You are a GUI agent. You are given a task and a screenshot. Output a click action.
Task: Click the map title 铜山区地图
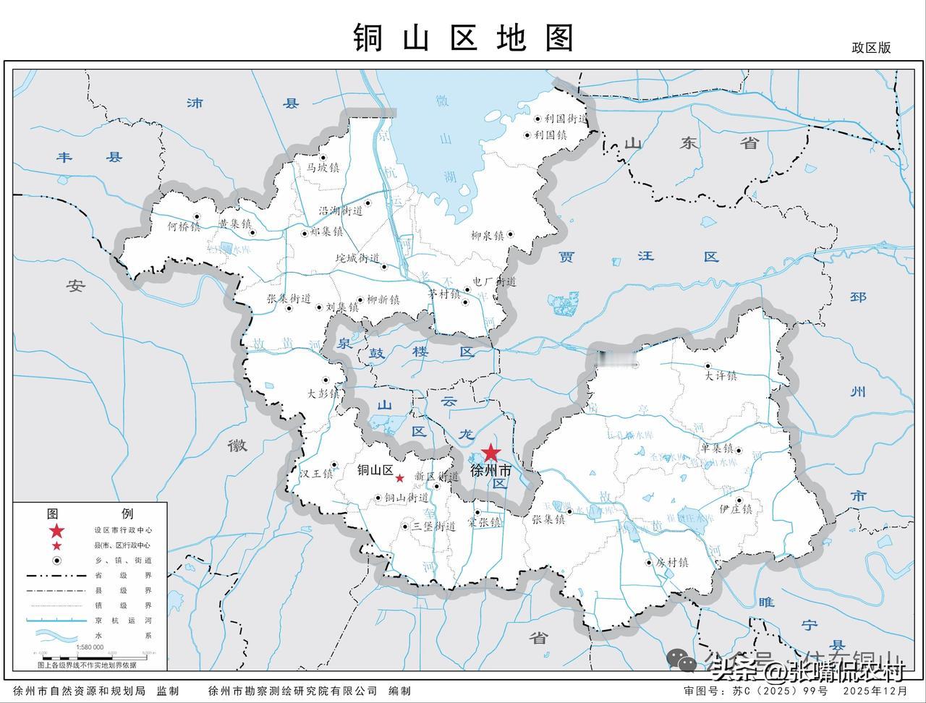(x=463, y=38)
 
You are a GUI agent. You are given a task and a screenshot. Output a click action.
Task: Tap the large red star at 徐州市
(x=490, y=453)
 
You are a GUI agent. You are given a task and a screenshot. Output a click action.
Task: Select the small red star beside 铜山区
(x=399, y=478)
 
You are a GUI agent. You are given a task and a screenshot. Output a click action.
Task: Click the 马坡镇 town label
(x=323, y=167)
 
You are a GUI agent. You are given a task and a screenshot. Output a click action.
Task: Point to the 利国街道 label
(x=566, y=118)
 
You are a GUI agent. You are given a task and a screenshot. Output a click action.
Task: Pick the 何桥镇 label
(x=183, y=226)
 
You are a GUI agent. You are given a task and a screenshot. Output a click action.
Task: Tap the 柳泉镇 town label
(x=487, y=235)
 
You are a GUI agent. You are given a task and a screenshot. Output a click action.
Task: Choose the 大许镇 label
(x=721, y=376)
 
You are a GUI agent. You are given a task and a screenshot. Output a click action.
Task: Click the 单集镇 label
(x=717, y=448)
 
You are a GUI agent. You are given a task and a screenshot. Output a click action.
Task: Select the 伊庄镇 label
(x=736, y=509)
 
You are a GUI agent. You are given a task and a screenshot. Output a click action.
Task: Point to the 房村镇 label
(x=671, y=562)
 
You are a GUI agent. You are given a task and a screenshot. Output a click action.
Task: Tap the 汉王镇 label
(x=316, y=474)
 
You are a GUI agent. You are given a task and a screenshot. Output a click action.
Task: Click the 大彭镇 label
(x=323, y=394)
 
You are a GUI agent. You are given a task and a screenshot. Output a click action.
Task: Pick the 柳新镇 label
(x=383, y=299)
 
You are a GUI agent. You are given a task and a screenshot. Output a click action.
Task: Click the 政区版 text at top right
(x=871, y=48)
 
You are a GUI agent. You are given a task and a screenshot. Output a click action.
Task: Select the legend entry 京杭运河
(x=122, y=620)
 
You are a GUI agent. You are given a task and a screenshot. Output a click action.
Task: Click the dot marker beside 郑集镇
(x=303, y=233)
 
